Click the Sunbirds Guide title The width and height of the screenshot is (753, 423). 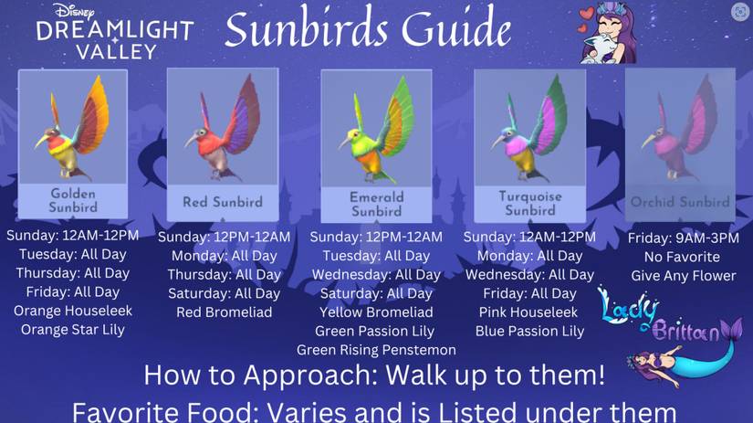[x=368, y=30]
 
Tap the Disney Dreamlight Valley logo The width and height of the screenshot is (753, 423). [x=114, y=32]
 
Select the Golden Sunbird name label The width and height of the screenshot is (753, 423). [x=73, y=200]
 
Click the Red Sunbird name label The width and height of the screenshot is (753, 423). [x=223, y=202]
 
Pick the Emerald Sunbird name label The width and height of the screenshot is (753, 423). [x=376, y=204]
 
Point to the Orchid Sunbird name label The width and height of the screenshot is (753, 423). [x=680, y=202]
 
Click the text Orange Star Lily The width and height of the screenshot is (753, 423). [x=73, y=330]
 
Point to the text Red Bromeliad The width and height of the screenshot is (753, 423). [x=224, y=312]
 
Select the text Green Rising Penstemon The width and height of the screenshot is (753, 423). [x=376, y=350]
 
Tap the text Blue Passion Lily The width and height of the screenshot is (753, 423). [x=529, y=332]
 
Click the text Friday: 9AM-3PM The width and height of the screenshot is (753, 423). [x=683, y=238]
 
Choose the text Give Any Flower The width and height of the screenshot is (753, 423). [x=683, y=276]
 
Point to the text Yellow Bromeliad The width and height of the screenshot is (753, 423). [x=376, y=312]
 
